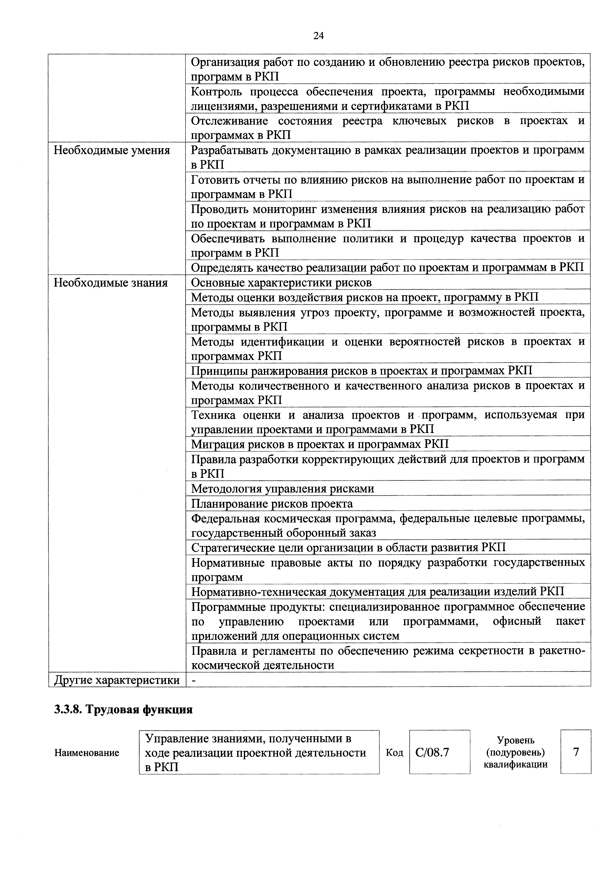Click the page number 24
point(319,36)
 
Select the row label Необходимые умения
point(112,151)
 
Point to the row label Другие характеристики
point(117,680)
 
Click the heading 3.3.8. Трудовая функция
point(123,710)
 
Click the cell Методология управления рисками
point(282,489)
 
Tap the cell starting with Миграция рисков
point(320,444)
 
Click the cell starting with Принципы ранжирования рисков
point(361,370)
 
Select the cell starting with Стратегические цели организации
point(348,548)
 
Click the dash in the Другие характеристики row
point(194,680)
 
